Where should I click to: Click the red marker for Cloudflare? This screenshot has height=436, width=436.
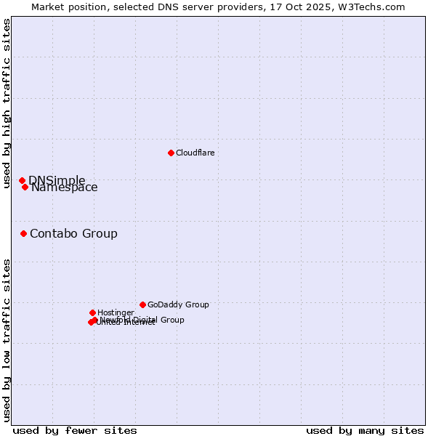tap(171, 153)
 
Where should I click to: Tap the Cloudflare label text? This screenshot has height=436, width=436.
tap(195, 153)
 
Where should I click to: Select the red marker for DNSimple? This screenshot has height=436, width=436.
tap(22, 180)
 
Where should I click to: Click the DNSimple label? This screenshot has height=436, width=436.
tap(57, 180)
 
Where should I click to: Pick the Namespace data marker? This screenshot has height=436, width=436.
tap(25, 187)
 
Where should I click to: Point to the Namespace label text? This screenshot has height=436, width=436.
tap(65, 187)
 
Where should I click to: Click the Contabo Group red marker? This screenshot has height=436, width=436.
tap(23, 233)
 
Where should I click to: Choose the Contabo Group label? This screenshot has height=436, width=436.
tap(73, 233)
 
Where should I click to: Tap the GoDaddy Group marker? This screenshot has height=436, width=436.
tap(142, 304)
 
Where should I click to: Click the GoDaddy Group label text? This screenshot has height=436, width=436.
tap(178, 304)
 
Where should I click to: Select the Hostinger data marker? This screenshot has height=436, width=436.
tap(92, 312)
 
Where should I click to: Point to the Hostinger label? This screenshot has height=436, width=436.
tap(116, 312)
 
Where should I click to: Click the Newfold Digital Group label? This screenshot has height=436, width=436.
tap(142, 319)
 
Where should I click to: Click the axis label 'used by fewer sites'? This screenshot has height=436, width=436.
tap(75, 430)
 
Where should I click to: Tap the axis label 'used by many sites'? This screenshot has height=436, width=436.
tap(365, 430)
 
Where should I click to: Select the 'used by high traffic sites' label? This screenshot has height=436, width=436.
tap(7, 104)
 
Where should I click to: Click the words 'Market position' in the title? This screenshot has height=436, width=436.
tap(69, 7)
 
